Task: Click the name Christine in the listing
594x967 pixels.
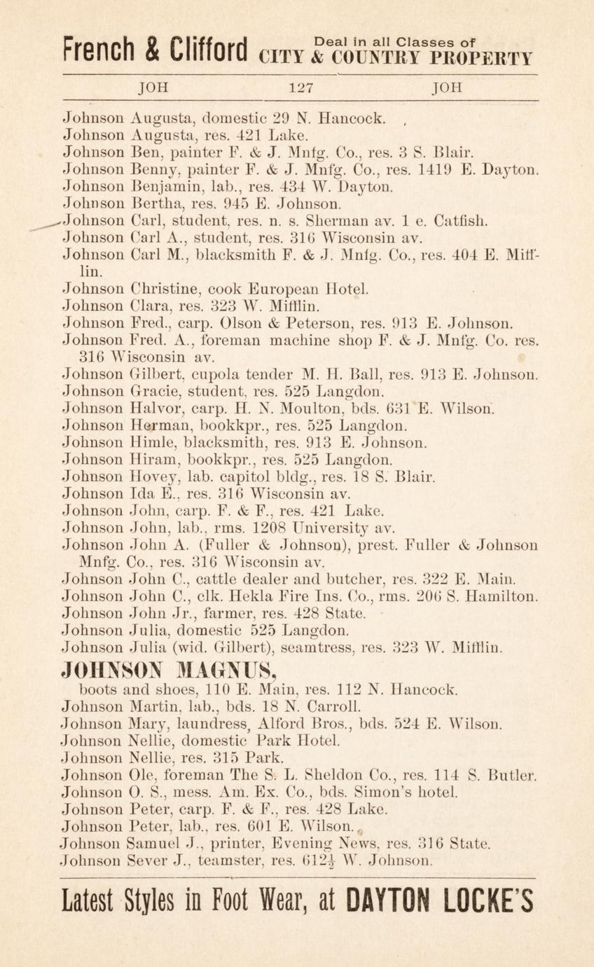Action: [165, 289]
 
